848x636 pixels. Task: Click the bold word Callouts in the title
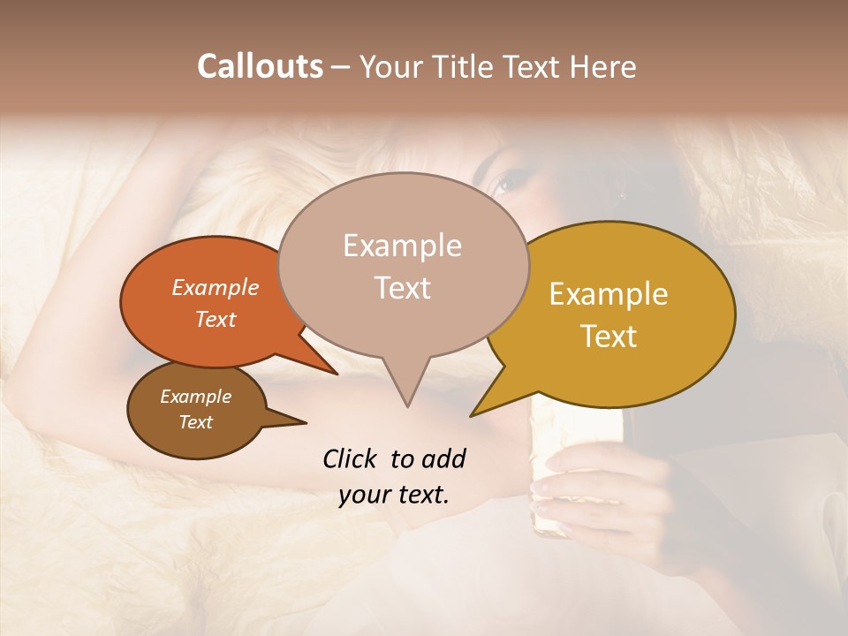coord(260,66)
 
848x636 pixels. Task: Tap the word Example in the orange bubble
coord(216,287)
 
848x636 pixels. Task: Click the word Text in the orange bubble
coord(216,319)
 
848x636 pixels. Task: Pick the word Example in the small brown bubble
coord(196,397)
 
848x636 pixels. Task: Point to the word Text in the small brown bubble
coord(196,422)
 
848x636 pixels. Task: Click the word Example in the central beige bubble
coord(402,246)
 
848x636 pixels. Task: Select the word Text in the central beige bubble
coord(402,288)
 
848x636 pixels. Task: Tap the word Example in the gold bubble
coord(609,294)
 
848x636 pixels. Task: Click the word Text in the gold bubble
coord(609,337)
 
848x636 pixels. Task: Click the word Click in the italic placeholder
coord(352,458)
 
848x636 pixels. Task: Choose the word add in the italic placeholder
coord(444,458)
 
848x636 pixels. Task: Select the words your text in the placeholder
coord(394,495)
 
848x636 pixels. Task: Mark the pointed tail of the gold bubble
coord(473,414)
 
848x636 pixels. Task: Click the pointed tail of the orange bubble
coord(336,373)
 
